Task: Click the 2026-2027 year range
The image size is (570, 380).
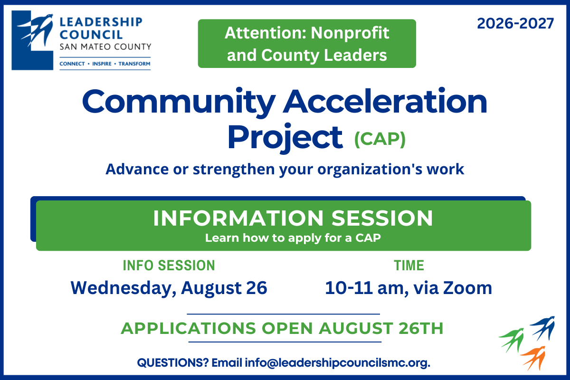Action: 515,23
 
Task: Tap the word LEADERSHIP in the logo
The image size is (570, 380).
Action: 101,22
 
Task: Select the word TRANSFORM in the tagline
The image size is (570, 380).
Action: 134,64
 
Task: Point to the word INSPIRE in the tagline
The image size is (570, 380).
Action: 102,64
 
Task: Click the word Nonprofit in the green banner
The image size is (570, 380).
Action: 350,33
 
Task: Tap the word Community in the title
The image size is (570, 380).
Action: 179,102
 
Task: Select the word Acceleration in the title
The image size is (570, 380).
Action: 385,101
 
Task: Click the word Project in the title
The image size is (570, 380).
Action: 285,138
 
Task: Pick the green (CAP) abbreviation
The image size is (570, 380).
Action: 380,139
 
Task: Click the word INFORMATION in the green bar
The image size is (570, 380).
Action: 238,218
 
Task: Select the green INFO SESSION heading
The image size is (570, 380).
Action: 169,266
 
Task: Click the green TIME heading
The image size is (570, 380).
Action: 409,266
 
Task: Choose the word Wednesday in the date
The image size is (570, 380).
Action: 123,288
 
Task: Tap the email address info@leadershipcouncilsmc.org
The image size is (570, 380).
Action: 337,363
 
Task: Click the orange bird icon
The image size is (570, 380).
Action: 533,358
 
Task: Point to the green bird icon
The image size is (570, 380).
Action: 512,340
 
